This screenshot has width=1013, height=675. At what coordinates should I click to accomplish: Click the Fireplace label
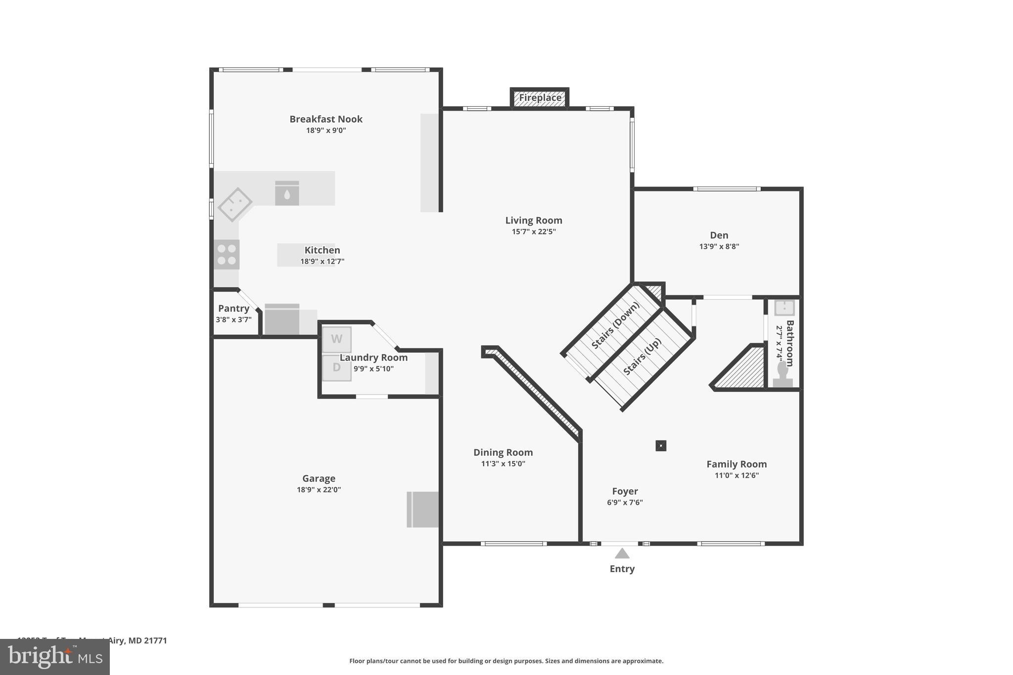(540, 98)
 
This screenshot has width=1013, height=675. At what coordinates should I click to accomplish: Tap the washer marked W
(337, 339)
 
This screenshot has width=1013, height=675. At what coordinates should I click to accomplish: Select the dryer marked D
(337, 368)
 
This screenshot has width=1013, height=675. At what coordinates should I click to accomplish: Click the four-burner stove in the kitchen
(227, 254)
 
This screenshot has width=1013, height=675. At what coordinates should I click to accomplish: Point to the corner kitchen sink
(235, 204)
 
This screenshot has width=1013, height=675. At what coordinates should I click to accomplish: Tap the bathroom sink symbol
(784, 308)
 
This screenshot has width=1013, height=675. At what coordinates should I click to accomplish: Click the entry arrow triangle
(622, 553)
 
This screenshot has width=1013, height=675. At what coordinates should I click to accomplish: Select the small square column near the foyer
(661, 446)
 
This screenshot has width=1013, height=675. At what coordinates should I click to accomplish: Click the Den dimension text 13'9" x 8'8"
(719, 246)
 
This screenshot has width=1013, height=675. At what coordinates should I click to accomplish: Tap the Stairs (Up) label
(642, 357)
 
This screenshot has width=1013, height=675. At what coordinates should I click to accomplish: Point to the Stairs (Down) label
(615, 325)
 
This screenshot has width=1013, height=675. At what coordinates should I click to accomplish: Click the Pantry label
(233, 309)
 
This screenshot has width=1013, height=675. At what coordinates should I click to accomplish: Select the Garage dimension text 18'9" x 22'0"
(319, 490)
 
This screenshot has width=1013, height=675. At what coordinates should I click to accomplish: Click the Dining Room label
(503, 452)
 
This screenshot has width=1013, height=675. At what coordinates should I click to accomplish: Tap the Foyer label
(625, 491)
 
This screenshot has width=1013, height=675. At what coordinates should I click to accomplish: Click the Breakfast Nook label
(325, 119)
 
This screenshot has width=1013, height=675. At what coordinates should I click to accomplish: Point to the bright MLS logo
(55, 657)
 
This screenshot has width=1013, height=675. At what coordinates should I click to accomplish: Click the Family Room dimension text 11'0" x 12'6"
(736, 475)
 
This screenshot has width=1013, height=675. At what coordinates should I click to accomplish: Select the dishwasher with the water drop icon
(287, 193)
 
